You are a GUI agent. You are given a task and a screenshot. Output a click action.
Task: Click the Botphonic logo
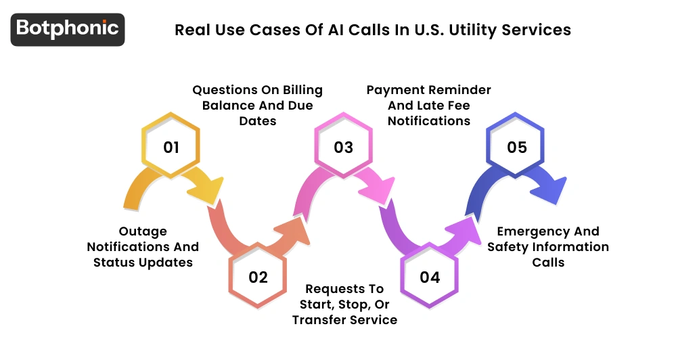[68, 29]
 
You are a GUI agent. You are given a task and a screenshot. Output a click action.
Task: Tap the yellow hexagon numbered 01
[171, 147]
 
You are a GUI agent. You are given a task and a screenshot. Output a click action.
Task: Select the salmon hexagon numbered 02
[258, 276]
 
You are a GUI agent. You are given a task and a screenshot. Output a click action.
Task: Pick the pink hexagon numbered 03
[344, 147]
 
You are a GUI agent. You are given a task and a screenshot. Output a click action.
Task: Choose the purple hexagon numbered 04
[430, 276]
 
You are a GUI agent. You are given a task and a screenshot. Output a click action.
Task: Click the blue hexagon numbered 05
[516, 147]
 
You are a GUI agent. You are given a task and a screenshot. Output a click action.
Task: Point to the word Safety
[510, 247]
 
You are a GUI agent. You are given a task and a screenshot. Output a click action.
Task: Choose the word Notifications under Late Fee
[428, 121]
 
